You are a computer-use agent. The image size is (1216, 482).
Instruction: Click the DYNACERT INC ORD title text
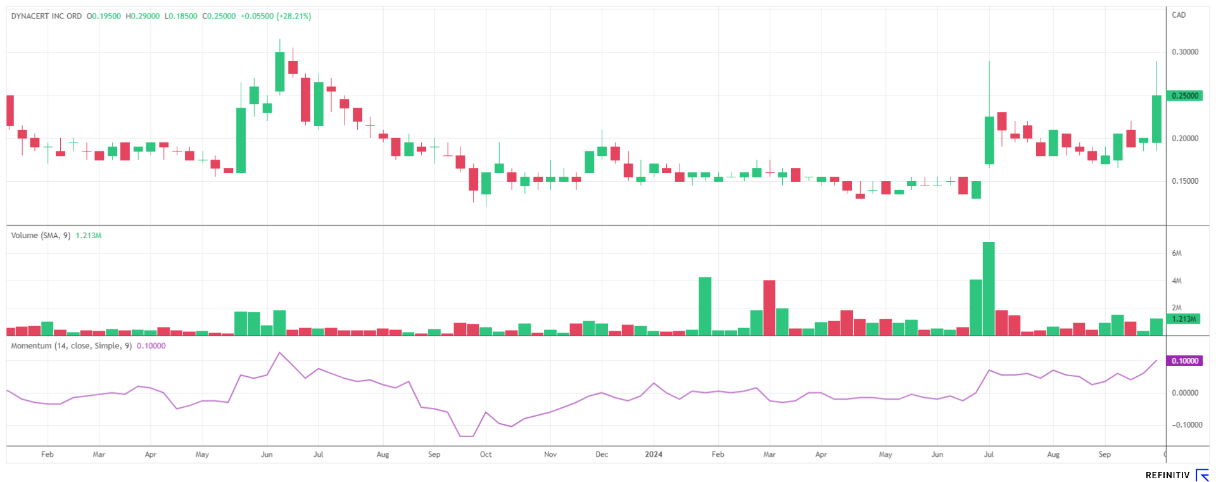[46, 16]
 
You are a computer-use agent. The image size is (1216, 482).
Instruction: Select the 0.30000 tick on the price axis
[1185, 52]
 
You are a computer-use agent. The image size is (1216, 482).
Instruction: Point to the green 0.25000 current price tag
[1185, 96]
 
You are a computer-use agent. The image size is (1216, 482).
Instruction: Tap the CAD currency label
[1179, 15]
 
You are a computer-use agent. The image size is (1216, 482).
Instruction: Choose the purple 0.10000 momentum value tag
[1185, 361]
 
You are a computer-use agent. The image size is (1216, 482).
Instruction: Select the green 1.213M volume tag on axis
[1183, 319]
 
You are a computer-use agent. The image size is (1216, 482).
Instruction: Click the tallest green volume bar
[989, 288]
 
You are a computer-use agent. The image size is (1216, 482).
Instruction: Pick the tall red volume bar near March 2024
[769, 307]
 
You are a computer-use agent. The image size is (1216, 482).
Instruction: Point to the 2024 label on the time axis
[654, 455]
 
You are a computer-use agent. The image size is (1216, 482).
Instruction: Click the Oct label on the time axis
[486, 455]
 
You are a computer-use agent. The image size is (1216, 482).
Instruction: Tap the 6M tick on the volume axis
[1177, 253]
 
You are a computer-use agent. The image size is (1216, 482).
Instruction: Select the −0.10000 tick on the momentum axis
[1184, 425]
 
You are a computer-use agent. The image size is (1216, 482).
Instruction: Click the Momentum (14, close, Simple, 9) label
[72, 346]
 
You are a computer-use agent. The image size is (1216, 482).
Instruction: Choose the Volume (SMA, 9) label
[41, 236]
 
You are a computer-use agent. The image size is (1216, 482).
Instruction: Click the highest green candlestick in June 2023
[279, 72]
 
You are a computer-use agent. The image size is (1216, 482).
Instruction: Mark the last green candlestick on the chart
[1156, 118]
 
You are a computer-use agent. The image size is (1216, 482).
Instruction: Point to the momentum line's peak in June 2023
[279, 353]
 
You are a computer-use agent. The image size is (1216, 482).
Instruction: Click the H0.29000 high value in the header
[142, 16]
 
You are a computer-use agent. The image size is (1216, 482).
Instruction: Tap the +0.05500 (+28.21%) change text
[275, 16]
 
